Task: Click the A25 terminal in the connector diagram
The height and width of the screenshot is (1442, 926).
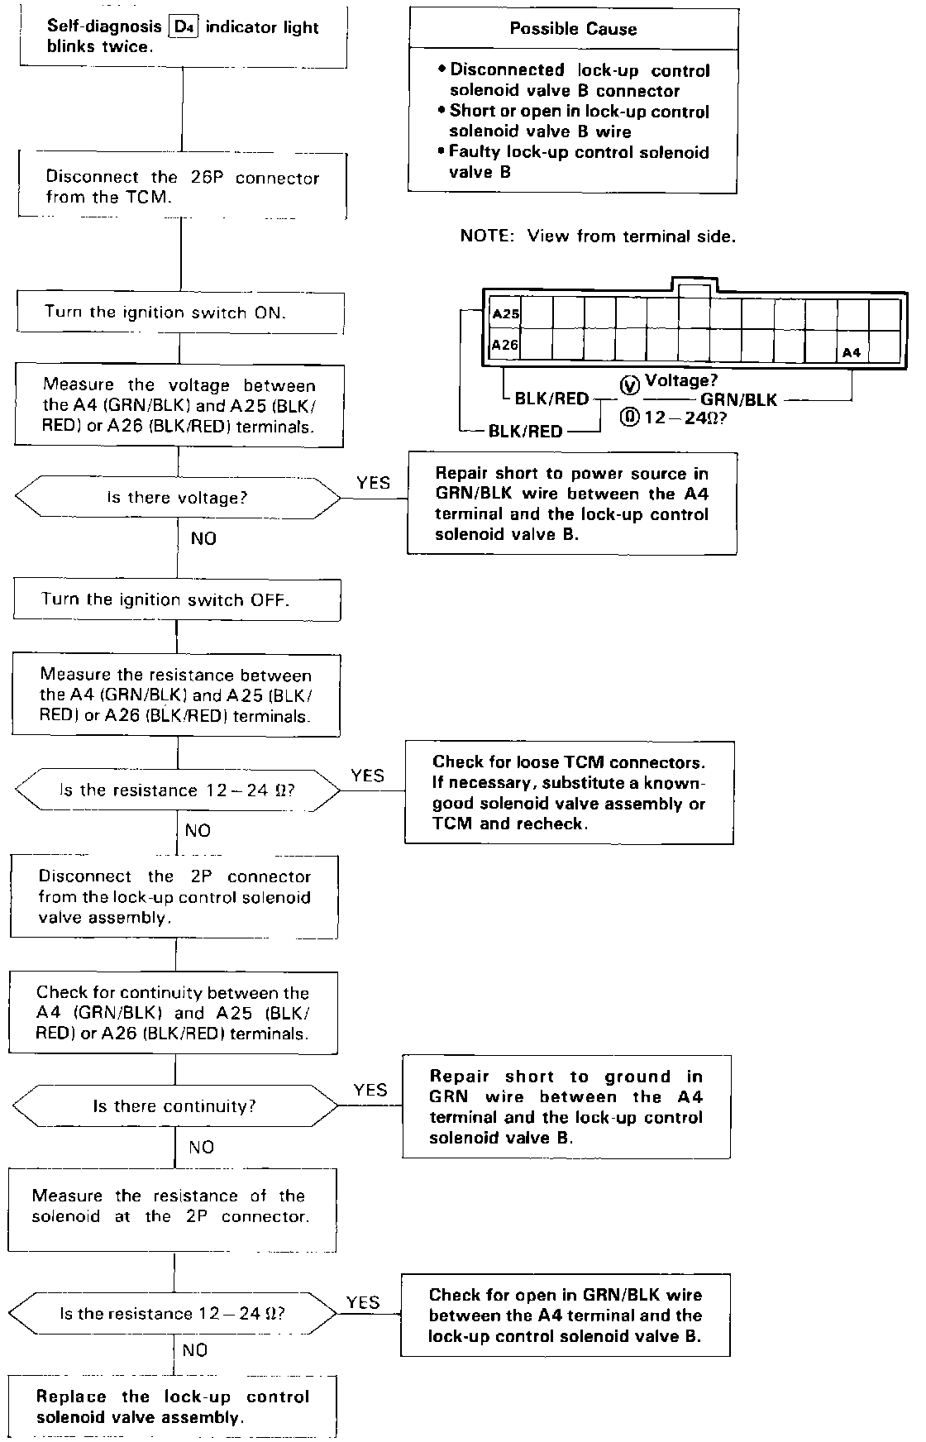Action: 505,314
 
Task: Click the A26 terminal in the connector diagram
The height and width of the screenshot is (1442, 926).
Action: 505,345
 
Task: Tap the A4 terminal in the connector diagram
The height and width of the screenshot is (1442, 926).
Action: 852,352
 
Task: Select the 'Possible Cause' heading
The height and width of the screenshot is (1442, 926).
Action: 573,29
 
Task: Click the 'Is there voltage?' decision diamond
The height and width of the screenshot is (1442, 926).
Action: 177,498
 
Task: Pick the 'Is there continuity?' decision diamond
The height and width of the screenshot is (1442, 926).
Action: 174,1106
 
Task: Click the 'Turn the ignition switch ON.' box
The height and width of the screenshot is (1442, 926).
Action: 179,313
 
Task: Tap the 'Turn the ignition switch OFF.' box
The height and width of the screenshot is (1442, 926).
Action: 177,599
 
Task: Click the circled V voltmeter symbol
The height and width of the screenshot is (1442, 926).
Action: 629,384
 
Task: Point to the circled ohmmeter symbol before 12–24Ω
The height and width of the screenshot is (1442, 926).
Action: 629,418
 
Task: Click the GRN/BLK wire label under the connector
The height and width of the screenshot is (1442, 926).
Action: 738,400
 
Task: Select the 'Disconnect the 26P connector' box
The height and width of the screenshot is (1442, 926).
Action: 182,187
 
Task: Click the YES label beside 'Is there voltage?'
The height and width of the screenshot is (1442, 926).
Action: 373,483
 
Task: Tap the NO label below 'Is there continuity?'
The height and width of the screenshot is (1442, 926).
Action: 201,1147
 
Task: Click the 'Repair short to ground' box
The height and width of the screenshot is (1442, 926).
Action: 566,1106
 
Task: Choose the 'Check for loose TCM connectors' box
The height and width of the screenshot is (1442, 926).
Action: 569,792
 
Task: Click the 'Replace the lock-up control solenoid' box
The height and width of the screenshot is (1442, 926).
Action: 173,1406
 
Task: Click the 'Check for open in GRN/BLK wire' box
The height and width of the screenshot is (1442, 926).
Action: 566,1315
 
